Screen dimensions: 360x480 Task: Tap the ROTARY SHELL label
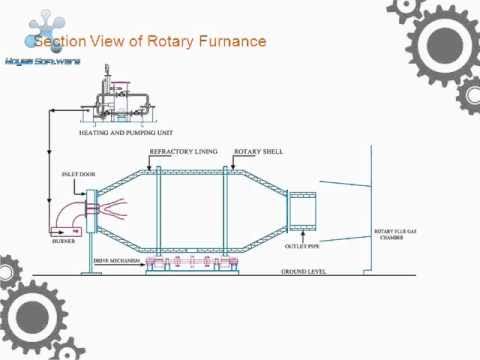click(x=257, y=151)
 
